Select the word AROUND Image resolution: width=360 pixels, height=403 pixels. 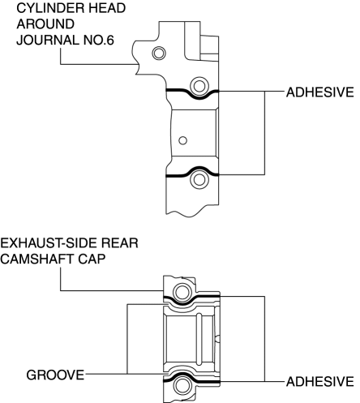(45, 24)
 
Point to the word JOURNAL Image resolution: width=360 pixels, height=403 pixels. (48, 40)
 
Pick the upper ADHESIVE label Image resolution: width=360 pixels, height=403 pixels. (320, 92)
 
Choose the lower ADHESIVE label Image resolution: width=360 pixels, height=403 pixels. (320, 382)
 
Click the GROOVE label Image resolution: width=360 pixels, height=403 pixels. (55, 375)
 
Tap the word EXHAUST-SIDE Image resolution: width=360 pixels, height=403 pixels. (49, 243)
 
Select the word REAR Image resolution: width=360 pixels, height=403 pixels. (120, 243)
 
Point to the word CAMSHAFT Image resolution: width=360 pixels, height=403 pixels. (37, 259)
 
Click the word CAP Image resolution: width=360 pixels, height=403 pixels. (92, 259)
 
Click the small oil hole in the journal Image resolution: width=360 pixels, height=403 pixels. (183, 140)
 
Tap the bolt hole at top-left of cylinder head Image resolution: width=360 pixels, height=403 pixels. (159, 53)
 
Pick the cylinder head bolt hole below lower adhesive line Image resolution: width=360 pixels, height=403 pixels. (199, 180)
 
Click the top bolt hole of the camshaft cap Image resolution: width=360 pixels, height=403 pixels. (182, 292)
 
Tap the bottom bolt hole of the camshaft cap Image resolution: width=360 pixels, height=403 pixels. (182, 386)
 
